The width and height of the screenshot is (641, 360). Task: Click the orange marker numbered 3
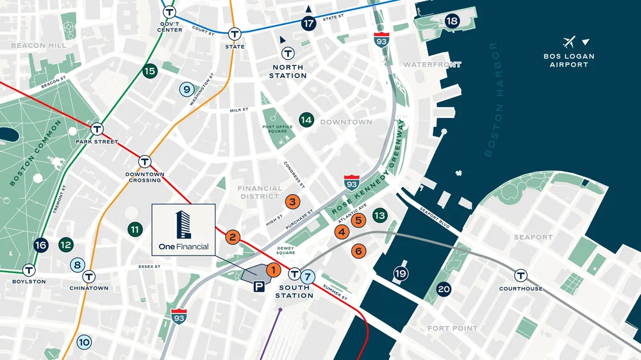[x=292, y=202]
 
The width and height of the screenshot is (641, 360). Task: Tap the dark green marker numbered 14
[x=306, y=120]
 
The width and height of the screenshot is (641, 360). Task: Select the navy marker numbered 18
[x=453, y=21]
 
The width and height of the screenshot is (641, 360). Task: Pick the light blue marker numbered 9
[x=187, y=90]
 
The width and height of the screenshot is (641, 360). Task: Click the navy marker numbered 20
[x=444, y=289]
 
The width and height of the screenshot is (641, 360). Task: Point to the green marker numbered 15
[x=150, y=71]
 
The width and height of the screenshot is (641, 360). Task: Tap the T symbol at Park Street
[x=97, y=129]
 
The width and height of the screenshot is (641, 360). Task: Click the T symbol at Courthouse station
[x=521, y=275]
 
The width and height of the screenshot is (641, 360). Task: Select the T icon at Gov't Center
[x=169, y=12]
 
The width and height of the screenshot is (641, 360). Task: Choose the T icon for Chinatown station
[x=89, y=277]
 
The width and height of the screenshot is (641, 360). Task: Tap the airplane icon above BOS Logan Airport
[x=568, y=43]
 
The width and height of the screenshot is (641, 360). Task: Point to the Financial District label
[x=260, y=192]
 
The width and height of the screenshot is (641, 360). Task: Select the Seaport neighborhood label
[x=533, y=237]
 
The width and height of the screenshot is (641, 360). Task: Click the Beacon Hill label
[x=37, y=45]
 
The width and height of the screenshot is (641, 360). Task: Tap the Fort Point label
[x=453, y=329]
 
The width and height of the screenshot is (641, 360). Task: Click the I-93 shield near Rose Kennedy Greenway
[x=351, y=182]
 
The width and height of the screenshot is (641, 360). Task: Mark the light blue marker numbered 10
[x=84, y=342]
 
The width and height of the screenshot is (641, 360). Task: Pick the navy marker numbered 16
[x=41, y=245]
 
